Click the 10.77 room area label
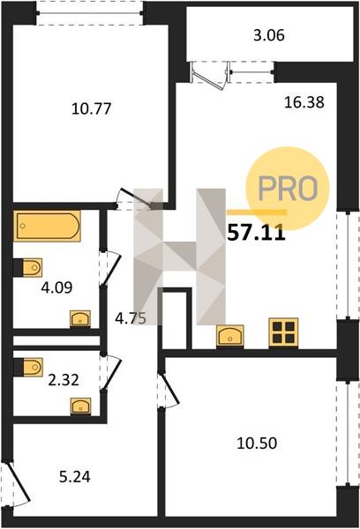91,109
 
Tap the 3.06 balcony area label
269,35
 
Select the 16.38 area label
304,102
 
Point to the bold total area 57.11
257,234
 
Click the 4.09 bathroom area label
56,287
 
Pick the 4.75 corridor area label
131,318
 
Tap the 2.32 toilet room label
64,380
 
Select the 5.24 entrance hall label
75,477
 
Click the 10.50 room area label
257,443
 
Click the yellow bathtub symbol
47,226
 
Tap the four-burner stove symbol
283,332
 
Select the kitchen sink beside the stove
230,335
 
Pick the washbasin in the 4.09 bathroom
80,318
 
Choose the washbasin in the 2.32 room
80,406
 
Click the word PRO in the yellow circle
288,188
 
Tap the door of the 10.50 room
169,389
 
